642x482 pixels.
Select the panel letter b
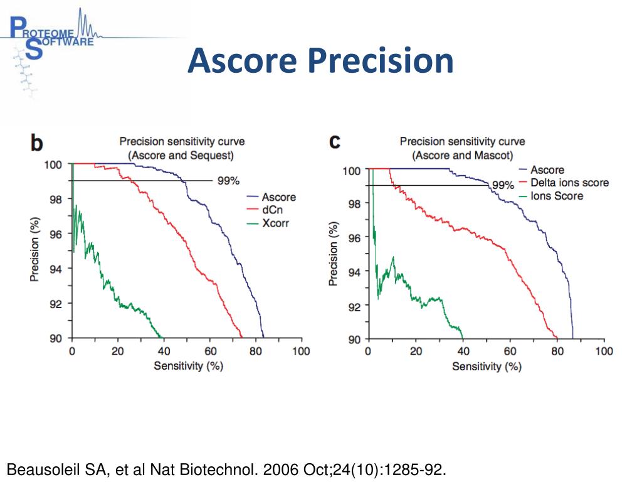(38, 144)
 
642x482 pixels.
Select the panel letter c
(335, 142)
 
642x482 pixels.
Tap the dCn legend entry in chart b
(270, 210)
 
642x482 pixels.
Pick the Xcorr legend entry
(275, 223)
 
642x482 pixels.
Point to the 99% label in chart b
(228, 181)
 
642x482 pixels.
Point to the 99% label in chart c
(503, 185)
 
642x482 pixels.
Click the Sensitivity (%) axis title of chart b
(188, 366)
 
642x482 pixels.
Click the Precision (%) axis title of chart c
(333, 254)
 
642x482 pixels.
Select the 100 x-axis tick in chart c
(604, 351)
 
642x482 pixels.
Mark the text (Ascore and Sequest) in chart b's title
(181, 154)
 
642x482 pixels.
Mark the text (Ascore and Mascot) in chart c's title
(462, 154)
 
